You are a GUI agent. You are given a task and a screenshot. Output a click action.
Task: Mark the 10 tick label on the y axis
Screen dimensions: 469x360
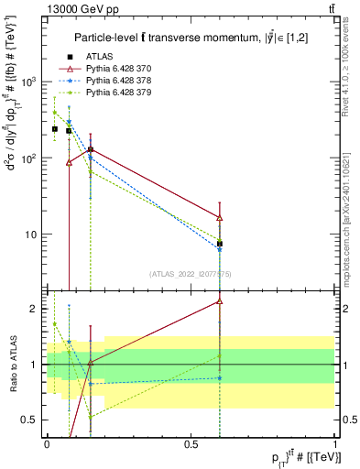[x=35, y=234]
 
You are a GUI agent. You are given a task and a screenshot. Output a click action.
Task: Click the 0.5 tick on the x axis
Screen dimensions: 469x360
[x=191, y=444]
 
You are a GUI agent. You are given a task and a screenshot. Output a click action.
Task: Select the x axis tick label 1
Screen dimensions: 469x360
[x=335, y=444]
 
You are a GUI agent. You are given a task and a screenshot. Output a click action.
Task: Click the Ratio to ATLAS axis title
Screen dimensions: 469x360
[x=12, y=364]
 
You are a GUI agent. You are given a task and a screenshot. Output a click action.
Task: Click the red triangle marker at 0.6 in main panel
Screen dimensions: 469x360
[x=220, y=217]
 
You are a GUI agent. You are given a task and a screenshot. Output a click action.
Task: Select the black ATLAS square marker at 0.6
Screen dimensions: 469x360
[x=220, y=244]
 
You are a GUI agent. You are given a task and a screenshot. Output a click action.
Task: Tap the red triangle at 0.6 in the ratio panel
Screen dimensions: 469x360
[x=220, y=300]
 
